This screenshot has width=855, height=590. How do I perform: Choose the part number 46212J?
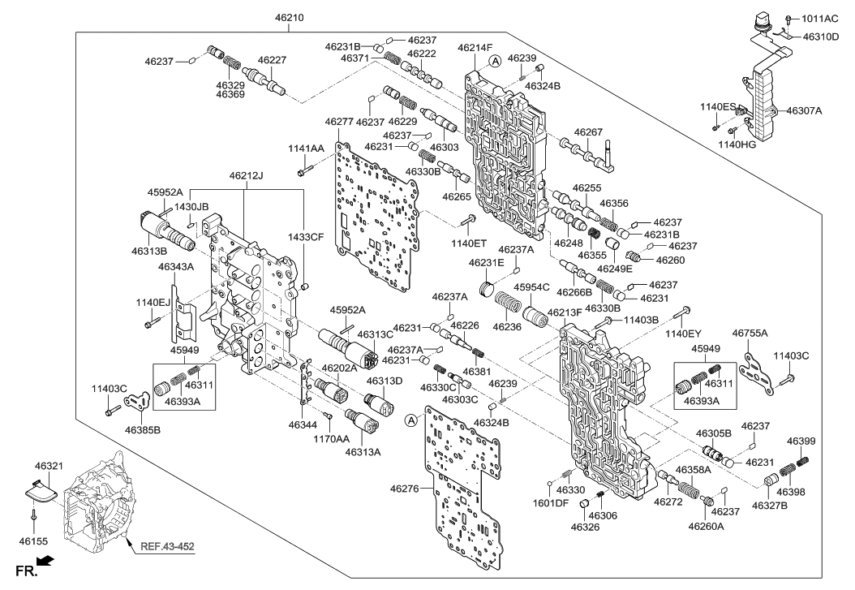pyautogui.click(x=246, y=175)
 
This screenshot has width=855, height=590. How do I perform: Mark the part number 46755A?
pyautogui.click(x=750, y=333)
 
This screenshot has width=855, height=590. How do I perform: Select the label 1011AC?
pyautogui.click(x=823, y=18)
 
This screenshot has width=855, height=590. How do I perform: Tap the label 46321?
pyautogui.click(x=49, y=467)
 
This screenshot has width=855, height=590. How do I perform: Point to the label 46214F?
pyautogui.click(x=475, y=48)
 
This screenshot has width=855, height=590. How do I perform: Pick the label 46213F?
pyautogui.click(x=565, y=312)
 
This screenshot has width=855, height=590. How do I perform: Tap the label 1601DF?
pyautogui.click(x=551, y=502)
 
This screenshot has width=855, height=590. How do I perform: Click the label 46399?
pyautogui.click(x=801, y=441)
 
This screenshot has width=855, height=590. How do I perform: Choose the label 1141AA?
pyautogui.click(x=306, y=148)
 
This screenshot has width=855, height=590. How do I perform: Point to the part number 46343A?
pyautogui.click(x=175, y=266)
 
